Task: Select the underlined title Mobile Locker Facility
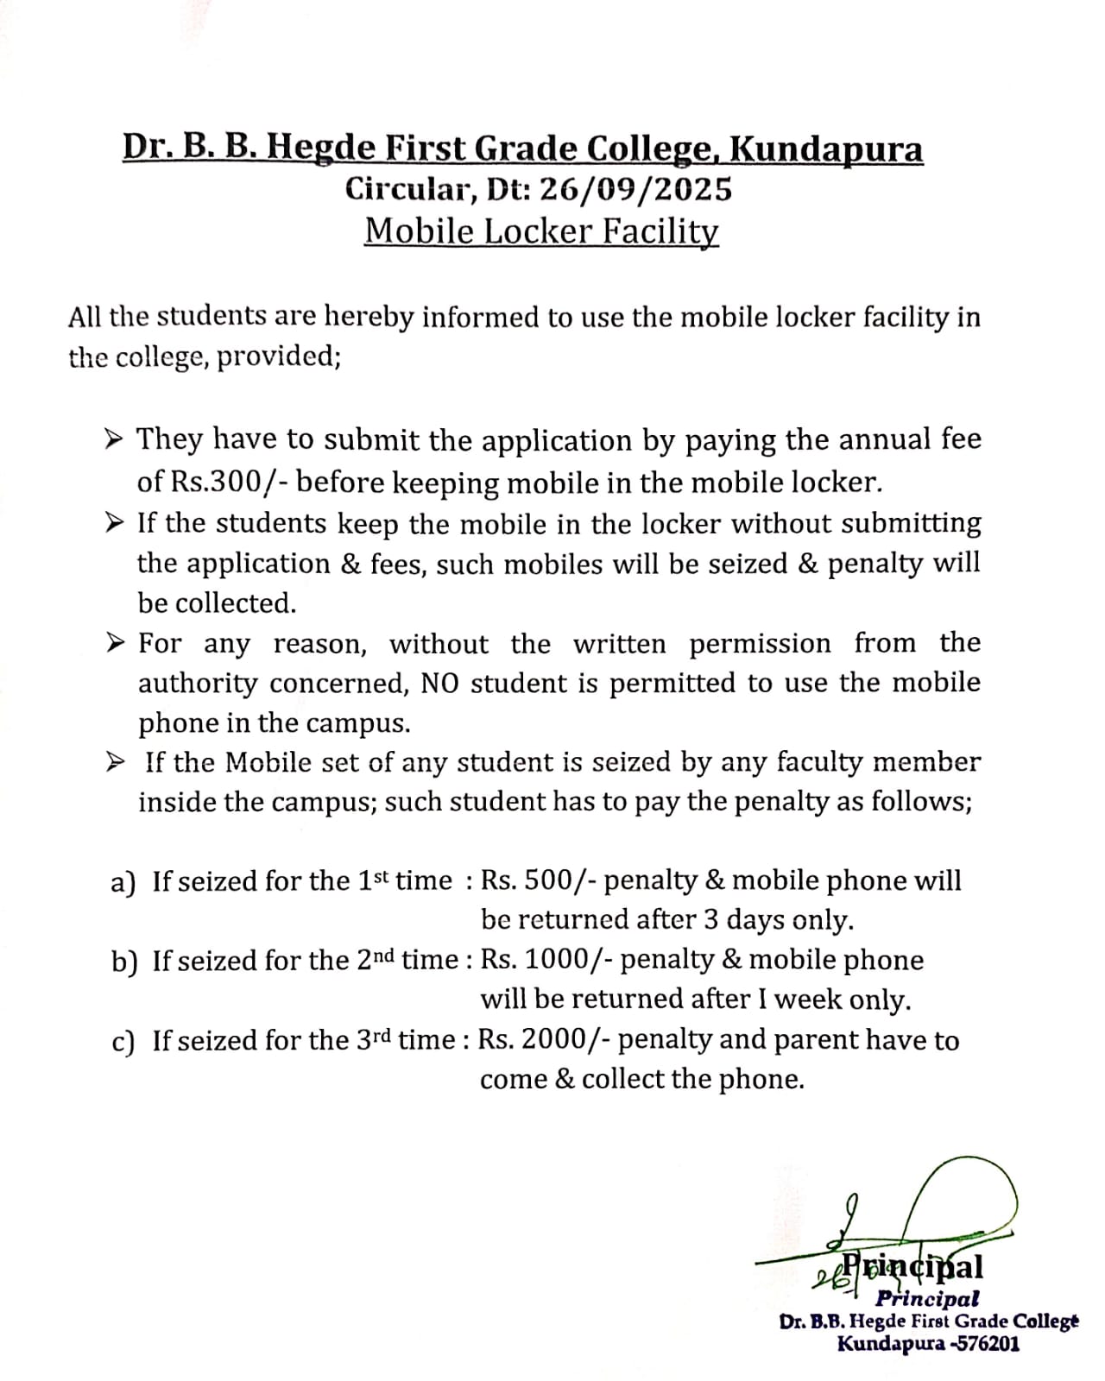click(x=541, y=231)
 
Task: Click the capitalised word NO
click(x=440, y=684)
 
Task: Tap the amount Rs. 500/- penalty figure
click(x=539, y=880)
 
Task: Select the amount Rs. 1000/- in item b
click(x=546, y=960)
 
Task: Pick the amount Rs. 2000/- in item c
click(x=545, y=1040)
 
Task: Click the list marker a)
click(x=123, y=882)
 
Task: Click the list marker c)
click(x=123, y=1042)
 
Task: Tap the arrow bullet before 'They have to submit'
click(x=113, y=440)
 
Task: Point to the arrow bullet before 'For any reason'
click(x=113, y=643)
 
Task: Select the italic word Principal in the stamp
click(x=927, y=1297)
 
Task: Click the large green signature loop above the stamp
click(x=963, y=1195)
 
